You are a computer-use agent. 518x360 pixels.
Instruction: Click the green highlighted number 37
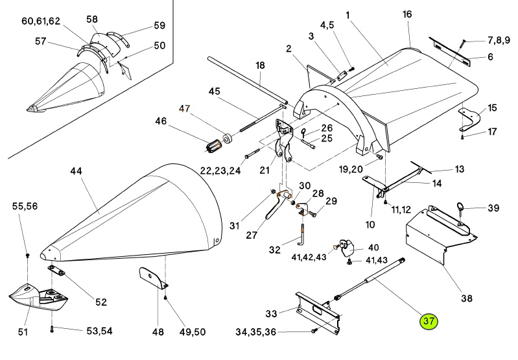[x=428, y=321]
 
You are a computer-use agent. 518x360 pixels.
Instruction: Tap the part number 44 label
[x=76, y=171]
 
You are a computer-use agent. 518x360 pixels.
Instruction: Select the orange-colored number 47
[x=185, y=109]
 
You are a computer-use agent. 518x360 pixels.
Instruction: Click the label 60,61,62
[x=41, y=21]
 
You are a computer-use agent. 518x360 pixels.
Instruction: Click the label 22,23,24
[x=220, y=171]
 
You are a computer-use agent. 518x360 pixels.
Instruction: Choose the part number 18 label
[x=260, y=65]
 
